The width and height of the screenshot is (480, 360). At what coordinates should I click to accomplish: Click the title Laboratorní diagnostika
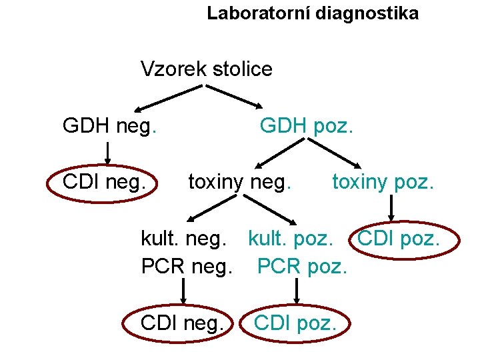point(313,13)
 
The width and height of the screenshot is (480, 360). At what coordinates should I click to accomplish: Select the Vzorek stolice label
point(207,69)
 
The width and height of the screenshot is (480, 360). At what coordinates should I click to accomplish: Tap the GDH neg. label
point(109,125)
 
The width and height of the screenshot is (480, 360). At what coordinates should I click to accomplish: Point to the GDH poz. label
point(307,125)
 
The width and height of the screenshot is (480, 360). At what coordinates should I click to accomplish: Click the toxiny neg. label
point(239,181)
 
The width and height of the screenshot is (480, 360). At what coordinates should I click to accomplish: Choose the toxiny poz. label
point(383,181)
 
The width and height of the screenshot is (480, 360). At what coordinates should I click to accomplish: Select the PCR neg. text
point(187,267)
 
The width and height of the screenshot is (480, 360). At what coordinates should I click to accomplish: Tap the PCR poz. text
point(302,267)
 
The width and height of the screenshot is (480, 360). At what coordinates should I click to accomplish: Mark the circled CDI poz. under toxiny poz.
point(407,238)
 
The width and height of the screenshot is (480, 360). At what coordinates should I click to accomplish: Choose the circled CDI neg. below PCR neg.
point(182,324)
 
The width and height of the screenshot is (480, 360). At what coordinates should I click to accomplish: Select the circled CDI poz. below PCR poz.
point(295,324)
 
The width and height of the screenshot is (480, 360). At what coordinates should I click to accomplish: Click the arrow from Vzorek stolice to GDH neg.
point(170,97)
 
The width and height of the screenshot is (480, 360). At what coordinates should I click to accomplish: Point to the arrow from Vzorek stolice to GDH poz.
point(237,97)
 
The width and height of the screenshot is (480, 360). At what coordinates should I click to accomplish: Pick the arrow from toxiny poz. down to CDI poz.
point(391,208)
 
